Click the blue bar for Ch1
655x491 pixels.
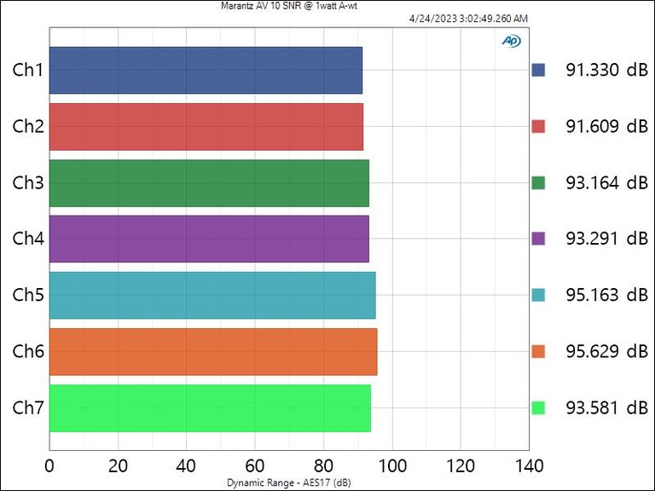point(206,70)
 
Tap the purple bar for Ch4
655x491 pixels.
point(209,239)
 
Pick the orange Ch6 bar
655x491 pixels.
point(213,351)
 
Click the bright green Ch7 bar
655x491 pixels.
point(210,407)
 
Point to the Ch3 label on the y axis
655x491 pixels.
point(28,182)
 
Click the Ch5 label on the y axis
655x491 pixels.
point(28,295)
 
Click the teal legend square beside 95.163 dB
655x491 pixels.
point(538,295)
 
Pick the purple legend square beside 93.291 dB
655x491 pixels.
point(538,239)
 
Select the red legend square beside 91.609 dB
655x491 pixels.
point(538,126)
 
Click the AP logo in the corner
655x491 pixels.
point(511,40)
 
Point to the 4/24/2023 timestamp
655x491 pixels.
point(468,19)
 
